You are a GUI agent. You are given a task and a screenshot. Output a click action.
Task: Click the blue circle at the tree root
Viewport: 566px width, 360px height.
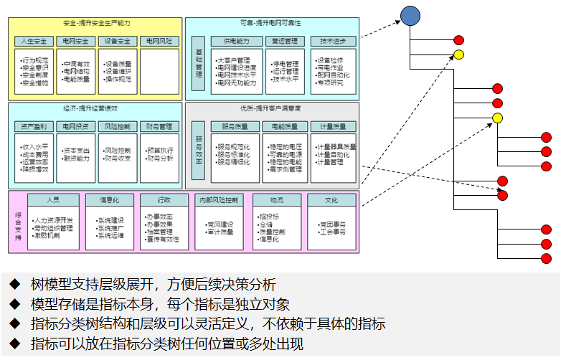pyautogui.click(x=410, y=15)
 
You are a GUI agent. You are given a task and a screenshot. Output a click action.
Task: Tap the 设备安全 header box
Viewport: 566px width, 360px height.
pyautogui.click(x=118, y=42)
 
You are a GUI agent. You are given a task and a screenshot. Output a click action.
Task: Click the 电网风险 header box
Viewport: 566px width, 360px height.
pyautogui.click(x=159, y=42)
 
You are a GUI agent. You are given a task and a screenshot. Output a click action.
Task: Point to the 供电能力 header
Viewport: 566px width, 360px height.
pyautogui.click(x=237, y=42)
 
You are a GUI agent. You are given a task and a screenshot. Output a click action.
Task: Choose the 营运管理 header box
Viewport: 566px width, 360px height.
pyautogui.click(x=285, y=42)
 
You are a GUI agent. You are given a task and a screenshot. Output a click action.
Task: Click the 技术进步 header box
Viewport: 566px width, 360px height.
pyautogui.click(x=333, y=42)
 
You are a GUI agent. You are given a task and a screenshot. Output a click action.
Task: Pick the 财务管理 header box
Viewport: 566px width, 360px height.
pyautogui.click(x=159, y=126)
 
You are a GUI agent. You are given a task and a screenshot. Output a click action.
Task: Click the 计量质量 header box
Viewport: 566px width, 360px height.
pyautogui.click(x=333, y=126)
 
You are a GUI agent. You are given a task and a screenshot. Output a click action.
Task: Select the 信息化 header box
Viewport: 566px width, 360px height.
pyautogui.click(x=110, y=200)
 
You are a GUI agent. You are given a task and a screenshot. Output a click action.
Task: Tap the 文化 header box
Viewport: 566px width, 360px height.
pyautogui.click(x=331, y=200)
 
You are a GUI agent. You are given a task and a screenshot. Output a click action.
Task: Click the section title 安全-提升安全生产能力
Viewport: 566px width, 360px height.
pyautogui.click(x=95, y=24)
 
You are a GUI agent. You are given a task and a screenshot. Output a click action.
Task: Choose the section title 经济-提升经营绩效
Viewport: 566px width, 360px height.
pyautogui.click(x=95, y=108)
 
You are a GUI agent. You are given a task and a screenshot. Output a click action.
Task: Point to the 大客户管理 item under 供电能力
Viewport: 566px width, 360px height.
pyautogui.click(x=233, y=60)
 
